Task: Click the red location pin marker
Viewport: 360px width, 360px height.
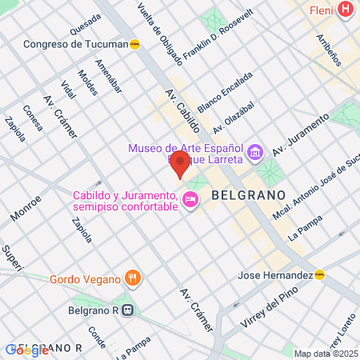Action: click(x=180, y=166)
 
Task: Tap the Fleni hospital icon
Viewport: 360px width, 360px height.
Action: click(x=345, y=10)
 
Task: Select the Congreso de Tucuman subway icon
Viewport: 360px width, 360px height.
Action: click(x=135, y=45)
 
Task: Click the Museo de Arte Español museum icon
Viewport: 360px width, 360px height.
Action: click(x=254, y=150)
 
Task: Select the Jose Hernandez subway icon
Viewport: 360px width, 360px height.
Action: click(x=320, y=276)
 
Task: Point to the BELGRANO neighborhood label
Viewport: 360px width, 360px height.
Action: click(x=248, y=194)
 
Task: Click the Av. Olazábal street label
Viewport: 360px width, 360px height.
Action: click(x=234, y=117)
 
